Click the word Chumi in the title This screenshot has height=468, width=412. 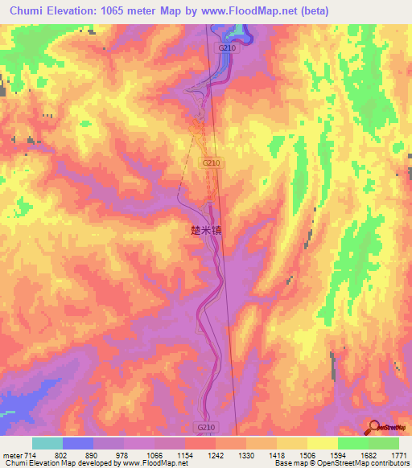29,10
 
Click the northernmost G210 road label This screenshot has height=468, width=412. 227,47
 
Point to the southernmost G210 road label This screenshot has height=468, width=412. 204,427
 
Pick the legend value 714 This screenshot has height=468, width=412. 27,455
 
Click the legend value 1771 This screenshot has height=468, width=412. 399,455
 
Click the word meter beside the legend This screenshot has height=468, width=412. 11,455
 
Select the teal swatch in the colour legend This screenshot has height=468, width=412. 47,443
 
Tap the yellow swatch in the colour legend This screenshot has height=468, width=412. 323,443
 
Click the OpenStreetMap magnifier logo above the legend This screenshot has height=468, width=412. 375,426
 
